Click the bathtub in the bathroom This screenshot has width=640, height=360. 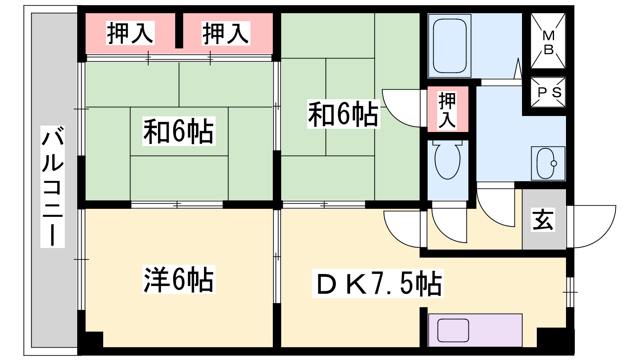click(x=449, y=45)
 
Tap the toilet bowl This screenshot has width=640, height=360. click(x=448, y=161)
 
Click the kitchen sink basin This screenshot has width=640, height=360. click(x=453, y=330)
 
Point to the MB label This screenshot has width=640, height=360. click(x=548, y=42)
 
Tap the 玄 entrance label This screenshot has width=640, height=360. click(x=543, y=220)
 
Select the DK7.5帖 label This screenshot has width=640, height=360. click(x=378, y=284)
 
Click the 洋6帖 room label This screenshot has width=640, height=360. click(x=179, y=280)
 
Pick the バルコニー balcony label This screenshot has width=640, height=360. click(x=52, y=186)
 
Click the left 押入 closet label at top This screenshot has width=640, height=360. click(x=130, y=33)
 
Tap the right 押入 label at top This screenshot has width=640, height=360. click(x=226, y=33)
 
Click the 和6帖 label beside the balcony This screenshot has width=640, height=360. click(x=179, y=131)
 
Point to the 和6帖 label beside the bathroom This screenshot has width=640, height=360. click(x=343, y=114)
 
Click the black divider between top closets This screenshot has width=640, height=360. click(x=179, y=30)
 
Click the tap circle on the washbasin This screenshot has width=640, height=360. click(x=554, y=164)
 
